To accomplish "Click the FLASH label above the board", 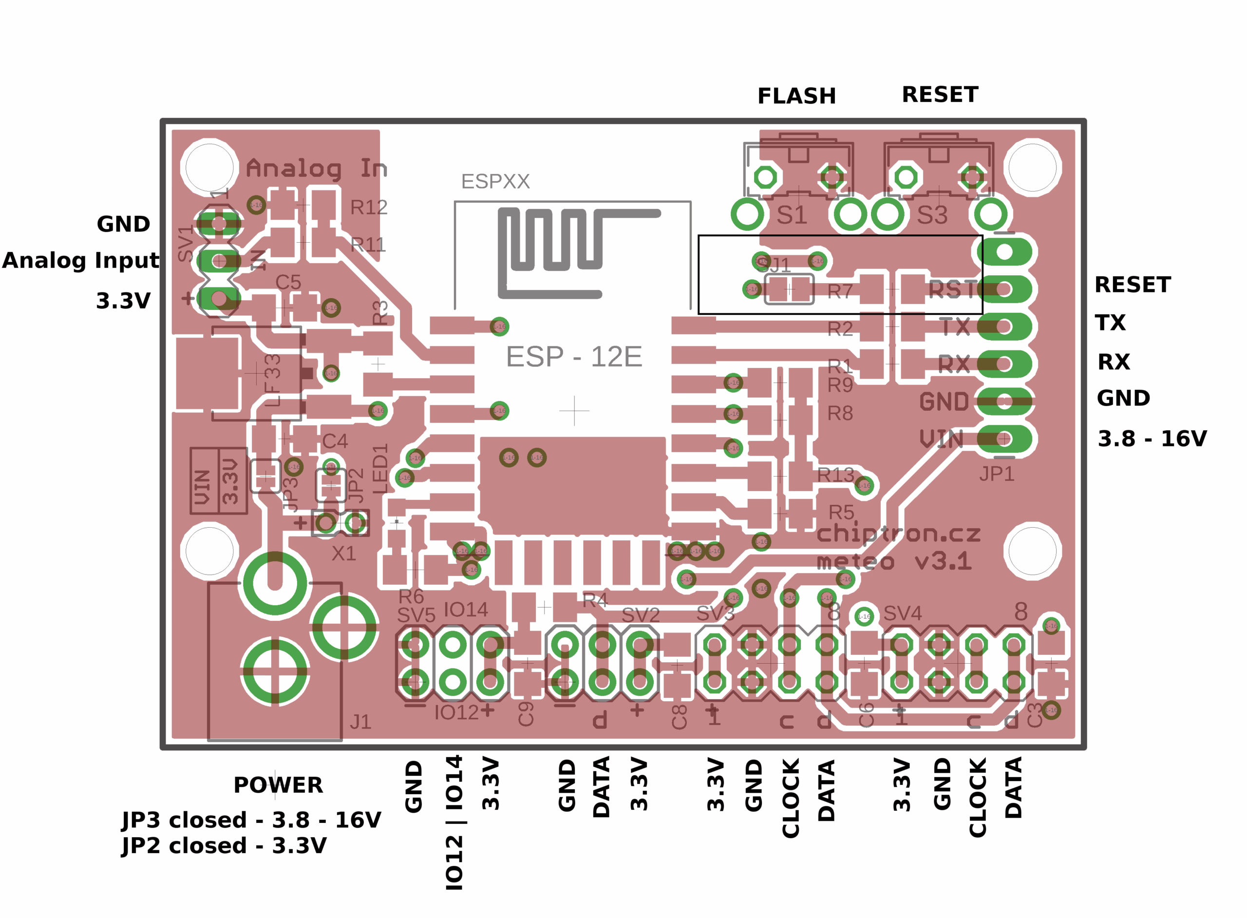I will click(796, 96).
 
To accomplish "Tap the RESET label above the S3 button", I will click(940, 95).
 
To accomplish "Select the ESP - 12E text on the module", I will click(574, 357).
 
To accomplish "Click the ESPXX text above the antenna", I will click(495, 182).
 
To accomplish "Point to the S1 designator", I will click(792, 215).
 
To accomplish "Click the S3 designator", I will click(932, 215).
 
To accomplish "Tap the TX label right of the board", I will click(1110, 323).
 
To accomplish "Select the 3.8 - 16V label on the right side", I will click(1152, 439).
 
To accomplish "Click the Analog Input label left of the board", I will click(80, 261).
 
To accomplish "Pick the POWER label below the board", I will click(278, 785).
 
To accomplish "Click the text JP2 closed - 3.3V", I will click(224, 846).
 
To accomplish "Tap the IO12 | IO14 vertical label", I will click(454, 822).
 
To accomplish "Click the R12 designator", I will click(368, 207).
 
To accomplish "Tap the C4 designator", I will click(335, 441).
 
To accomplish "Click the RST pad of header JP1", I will click(1004, 289).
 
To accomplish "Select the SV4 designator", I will click(902, 613).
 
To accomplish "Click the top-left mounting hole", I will click(209, 167).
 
